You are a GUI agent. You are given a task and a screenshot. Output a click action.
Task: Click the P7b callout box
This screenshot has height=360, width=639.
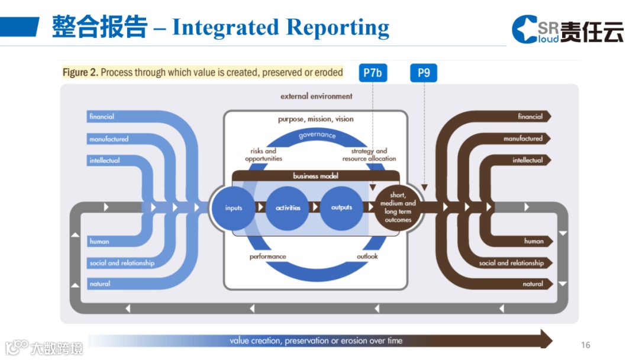(373, 73)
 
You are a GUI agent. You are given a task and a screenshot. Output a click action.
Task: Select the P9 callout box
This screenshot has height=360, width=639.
(424, 73)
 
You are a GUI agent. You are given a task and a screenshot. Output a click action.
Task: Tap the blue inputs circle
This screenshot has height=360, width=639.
(234, 208)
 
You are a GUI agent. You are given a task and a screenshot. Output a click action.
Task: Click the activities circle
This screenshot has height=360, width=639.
(288, 208)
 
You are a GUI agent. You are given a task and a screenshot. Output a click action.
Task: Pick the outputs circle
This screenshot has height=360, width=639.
(341, 208)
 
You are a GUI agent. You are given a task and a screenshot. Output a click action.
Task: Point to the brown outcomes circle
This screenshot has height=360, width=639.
(399, 207)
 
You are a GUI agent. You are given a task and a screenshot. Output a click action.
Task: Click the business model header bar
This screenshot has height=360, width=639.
(315, 176)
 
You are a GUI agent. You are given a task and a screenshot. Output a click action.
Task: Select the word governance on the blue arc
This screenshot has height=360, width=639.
(317, 135)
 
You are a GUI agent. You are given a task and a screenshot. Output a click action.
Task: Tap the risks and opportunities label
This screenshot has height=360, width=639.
(263, 155)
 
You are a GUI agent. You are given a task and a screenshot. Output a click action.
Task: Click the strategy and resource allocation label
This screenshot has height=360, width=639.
(369, 155)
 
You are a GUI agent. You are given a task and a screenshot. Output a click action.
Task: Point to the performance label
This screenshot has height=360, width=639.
(267, 256)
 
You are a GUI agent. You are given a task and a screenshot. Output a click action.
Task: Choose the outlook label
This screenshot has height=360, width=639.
(367, 256)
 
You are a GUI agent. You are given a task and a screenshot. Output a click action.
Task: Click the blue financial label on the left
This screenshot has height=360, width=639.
(102, 117)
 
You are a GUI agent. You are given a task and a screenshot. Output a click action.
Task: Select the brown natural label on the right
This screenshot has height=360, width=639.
(532, 284)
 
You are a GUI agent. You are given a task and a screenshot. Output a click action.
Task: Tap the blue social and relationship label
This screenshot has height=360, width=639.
(122, 263)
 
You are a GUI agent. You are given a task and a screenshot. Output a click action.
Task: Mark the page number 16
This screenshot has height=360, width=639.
(586, 345)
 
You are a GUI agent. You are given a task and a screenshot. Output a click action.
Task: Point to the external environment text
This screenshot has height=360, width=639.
(316, 96)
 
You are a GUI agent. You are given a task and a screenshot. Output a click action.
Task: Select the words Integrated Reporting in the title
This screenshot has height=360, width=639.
(280, 27)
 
